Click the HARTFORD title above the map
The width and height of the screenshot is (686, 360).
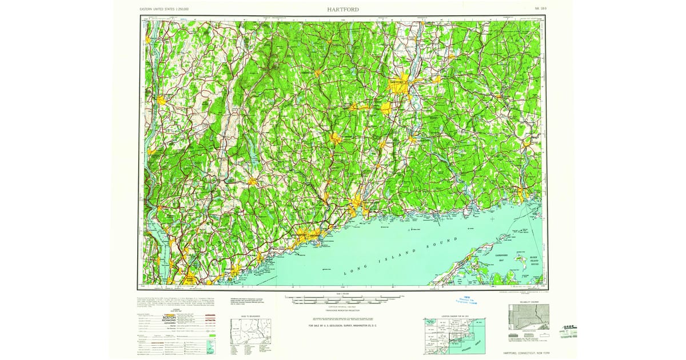344,10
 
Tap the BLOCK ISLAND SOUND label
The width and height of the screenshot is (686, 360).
534,261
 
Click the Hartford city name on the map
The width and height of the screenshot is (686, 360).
396,82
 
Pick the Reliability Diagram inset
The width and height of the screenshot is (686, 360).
529,317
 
